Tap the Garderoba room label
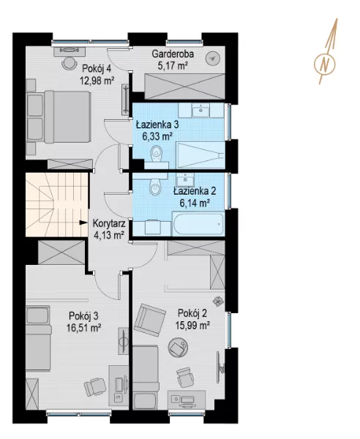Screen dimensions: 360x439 pyautogui.click(x=173, y=53)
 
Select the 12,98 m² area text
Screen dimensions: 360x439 pyautogui.click(x=97, y=81)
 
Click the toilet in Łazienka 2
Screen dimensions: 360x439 pyautogui.click(x=155, y=185)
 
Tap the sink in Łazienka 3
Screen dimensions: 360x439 pyautogui.click(x=200, y=110)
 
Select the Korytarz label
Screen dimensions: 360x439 pyautogui.click(x=109, y=224)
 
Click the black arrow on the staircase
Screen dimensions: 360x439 pyautogui.click(x=83, y=222)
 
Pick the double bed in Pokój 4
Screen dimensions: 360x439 pyautogui.click(x=59, y=117)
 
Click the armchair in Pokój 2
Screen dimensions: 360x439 pyautogui.click(x=149, y=318)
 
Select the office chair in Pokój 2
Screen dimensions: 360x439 pyautogui.click(x=185, y=377)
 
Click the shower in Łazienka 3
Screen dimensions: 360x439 pyautogui.click(x=200, y=155)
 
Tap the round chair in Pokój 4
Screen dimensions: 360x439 pyautogui.click(x=69, y=62)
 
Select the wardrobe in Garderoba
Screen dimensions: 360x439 pyautogui.click(x=185, y=86)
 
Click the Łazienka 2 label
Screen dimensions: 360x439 pyautogui.click(x=195, y=191)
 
